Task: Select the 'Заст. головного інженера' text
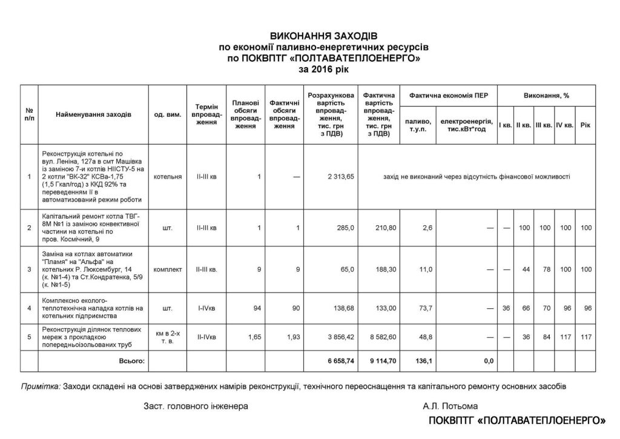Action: coord(196,406)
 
